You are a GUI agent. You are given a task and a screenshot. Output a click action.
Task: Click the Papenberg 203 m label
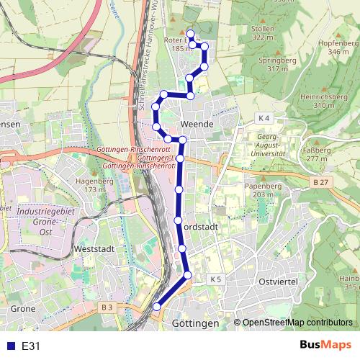coord(261,189)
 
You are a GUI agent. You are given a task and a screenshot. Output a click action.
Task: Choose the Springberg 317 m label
coord(263,65)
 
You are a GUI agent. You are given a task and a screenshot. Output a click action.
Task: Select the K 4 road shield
coord(264,117)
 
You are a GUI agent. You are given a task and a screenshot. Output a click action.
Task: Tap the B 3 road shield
coord(107,307)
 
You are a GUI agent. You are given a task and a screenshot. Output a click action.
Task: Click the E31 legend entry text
coord(30,346)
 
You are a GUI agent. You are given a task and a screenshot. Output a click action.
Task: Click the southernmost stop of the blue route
coord(156,307)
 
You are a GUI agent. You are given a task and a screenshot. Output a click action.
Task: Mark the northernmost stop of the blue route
coord(191,34)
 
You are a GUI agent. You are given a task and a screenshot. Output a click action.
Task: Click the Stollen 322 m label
coord(264,32)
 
